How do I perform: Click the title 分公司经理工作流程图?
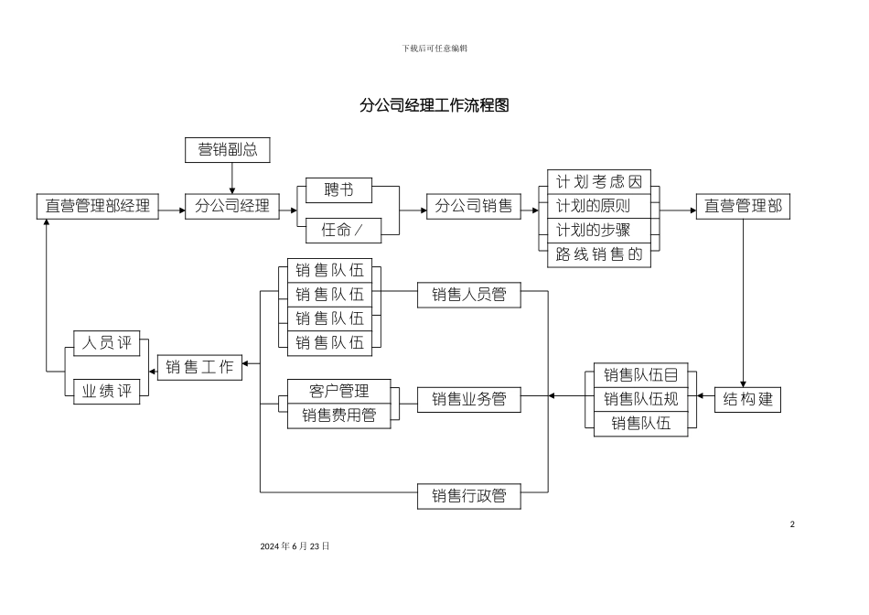434,105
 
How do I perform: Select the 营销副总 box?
228,150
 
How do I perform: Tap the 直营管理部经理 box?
98,206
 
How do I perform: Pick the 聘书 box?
338,189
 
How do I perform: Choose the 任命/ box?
338,231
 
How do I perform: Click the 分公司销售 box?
473,206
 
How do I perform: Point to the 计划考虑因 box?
600,181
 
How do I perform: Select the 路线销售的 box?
600,254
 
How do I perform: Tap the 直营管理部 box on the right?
743,206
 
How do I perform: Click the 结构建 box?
748,400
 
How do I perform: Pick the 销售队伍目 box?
641,374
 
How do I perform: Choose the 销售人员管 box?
469,294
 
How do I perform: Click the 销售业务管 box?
469,399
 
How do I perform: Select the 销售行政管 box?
469,496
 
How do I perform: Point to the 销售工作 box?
200,367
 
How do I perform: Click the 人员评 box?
107,344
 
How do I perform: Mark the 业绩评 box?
107,392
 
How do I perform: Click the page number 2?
792,524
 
